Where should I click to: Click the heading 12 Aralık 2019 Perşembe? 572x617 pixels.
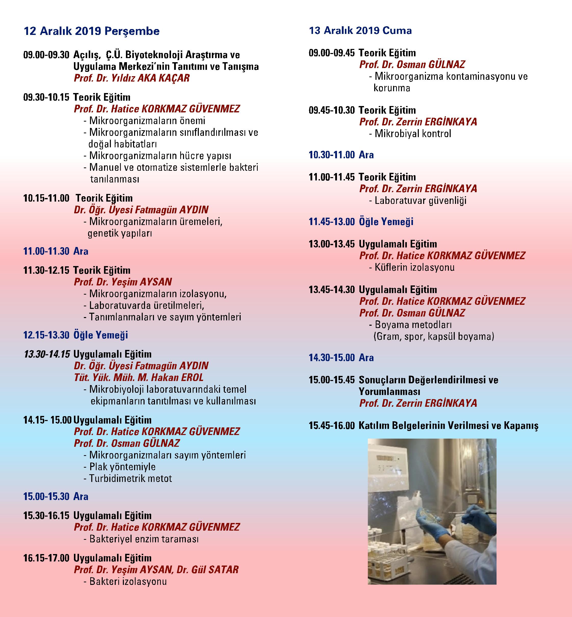(x=92, y=31)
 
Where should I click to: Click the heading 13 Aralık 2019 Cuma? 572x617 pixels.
(x=360, y=31)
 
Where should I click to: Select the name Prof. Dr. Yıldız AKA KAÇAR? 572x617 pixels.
(x=132, y=78)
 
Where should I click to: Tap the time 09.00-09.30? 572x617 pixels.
(x=46, y=55)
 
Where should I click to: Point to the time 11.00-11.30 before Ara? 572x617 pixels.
(x=46, y=251)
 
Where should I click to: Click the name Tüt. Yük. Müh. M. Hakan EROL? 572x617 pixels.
(x=139, y=377)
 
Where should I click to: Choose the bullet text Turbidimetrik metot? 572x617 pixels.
(x=130, y=478)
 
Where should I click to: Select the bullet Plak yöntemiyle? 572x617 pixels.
(x=122, y=467)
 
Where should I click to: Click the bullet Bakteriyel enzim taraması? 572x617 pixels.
(x=144, y=539)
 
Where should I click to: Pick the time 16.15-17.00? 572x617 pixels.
(x=46, y=558)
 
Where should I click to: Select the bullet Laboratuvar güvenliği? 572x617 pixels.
(x=420, y=201)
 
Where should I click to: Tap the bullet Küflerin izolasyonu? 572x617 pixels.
(x=414, y=267)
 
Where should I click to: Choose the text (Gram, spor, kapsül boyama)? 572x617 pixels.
(x=434, y=336)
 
